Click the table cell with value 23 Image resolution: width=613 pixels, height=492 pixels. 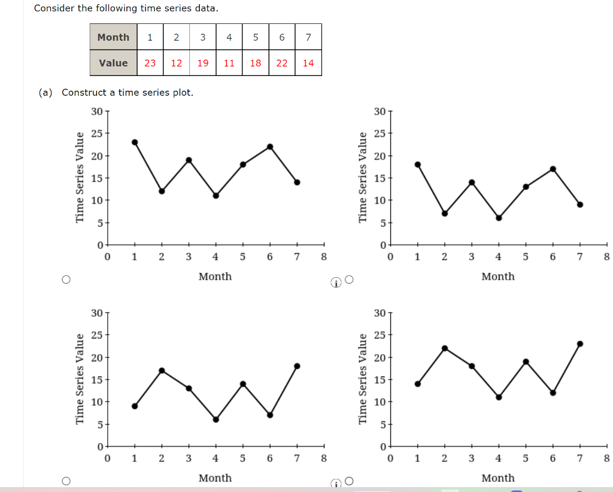pyautogui.click(x=150, y=63)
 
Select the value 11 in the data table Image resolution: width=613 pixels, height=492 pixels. pyautogui.click(x=229, y=63)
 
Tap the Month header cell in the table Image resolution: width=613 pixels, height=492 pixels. pyautogui.click(x=113, y=37)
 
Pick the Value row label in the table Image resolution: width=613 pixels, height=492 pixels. pyautogui.click(x=113, y=63)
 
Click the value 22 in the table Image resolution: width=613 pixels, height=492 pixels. pyautogui.click(x=281, y=63)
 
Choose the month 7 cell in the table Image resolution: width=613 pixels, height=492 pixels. pyautogui.click(x=308, y=37)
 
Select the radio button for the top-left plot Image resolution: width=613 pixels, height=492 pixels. pyautogui.click(x=66, y=280)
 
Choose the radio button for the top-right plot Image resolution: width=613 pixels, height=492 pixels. pyautogui.click(x=350, y=280)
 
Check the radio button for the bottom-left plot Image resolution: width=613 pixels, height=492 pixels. pyautogui.click(x=66, y=481)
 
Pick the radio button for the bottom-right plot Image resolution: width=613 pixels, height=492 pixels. pyautogui.click(x=350, y=481)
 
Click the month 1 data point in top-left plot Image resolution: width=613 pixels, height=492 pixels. pyautogui.click(x=135, y=142)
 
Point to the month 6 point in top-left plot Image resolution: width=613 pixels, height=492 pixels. pyautogui.click(x=270, y=147)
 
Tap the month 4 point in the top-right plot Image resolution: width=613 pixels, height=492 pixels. pyautogui.click(x=499, y=218)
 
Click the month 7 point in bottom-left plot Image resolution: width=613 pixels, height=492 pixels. pyautogui.click(x=297, y=366)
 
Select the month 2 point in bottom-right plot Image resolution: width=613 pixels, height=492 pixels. pyautogui.click(x=445, y=348)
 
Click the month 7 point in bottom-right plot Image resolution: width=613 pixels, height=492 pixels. pyautogui.click(x=580, y=344)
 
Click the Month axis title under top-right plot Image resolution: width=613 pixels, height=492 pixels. pyautogui.click(x=497, y=277)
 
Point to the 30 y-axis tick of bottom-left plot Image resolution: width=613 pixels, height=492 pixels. pyautogui.click(x=96, y=313)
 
